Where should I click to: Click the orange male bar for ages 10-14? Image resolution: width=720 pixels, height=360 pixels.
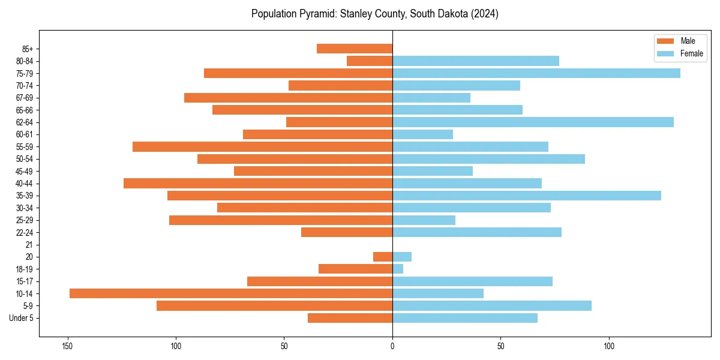[231, 293]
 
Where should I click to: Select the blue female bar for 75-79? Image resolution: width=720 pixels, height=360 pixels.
[536, 73]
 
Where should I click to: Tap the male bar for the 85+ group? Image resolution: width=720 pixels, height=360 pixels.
[355, 49]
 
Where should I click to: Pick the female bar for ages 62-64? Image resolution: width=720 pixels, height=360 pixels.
[533, 122]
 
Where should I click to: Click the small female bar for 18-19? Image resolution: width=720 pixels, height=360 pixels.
[398, 269]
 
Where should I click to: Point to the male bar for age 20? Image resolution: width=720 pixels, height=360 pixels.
[383, 257]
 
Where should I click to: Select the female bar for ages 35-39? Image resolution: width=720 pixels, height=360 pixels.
[526, 196]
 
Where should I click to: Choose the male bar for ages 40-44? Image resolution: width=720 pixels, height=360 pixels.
[258, 183]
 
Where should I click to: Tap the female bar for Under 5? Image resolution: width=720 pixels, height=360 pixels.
[465, 318]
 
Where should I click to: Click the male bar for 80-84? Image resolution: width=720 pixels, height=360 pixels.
[370, 61]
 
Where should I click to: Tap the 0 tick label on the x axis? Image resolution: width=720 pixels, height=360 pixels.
[392, 346]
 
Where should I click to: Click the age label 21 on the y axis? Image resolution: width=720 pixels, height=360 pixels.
[29, 245]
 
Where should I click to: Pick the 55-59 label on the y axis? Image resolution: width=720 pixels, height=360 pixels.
[25, 147]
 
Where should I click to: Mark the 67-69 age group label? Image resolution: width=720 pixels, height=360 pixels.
[25, 98]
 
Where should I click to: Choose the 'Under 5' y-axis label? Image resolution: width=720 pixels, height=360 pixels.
[21, 318]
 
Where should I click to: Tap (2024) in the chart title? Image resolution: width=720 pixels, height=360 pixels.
[484, 14]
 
